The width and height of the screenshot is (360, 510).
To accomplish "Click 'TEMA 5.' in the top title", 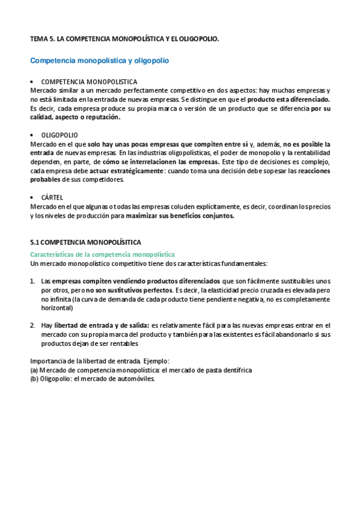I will (x=42, y=38).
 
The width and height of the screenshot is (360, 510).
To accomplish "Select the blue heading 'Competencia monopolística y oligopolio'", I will (x=100, y=61).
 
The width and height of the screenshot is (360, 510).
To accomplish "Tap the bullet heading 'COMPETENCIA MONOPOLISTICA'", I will (x=89, y=81).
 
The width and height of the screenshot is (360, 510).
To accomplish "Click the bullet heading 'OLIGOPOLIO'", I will (x=59, y=135).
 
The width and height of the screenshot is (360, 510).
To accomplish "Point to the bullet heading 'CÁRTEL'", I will (x=52, y=197).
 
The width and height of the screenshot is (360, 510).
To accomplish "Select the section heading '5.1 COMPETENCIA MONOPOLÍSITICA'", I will (x=86, y=242).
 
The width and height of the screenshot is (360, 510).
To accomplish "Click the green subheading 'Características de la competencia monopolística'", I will (x=102, y=255).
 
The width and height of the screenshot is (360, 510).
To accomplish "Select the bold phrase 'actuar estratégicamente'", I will (x=126, y=171).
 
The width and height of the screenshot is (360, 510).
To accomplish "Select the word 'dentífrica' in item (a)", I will (x=233, y=370).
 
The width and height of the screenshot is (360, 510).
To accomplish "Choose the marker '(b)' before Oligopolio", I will (x=34, y=379).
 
